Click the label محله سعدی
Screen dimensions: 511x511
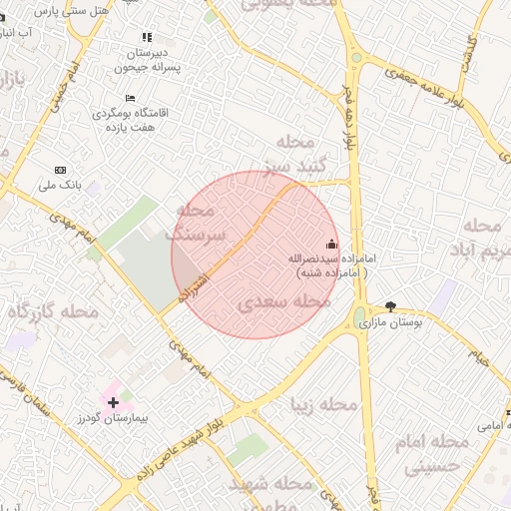coord(285,300)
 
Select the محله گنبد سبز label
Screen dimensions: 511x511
coord(291,152)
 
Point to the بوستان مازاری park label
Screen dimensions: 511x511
coord(390,323)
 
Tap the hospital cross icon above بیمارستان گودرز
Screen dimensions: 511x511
coord(113,401)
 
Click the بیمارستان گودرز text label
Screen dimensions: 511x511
coord(112,418)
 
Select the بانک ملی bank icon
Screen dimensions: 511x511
coord(60,170)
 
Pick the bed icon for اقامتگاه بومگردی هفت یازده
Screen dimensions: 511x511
coord(130,98)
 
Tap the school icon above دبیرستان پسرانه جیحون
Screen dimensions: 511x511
coord(148,37)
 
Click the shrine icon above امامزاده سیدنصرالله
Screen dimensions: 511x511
coord(331,244)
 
